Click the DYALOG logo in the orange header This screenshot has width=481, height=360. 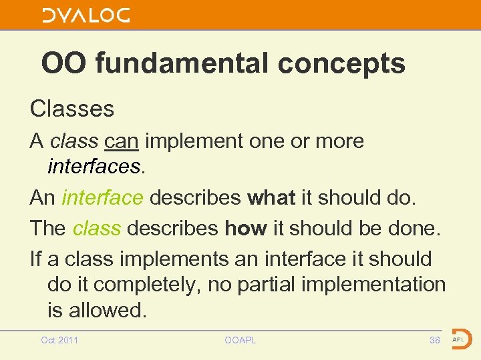[86, 15]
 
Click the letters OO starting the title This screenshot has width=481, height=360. [65, 64]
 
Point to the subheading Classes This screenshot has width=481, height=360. [72, 109]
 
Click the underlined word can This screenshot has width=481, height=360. [122, 141]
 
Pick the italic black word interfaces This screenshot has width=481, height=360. [94, 166]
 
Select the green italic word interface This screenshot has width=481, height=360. [102, 198]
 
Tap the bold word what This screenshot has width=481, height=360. [271, 198]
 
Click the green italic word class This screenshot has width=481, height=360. [96, 228]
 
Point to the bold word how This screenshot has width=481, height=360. [246, 228]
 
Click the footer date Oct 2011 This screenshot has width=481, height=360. [59, 341]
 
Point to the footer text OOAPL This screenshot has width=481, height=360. [240, 341]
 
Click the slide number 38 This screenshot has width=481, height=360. [434, 341]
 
